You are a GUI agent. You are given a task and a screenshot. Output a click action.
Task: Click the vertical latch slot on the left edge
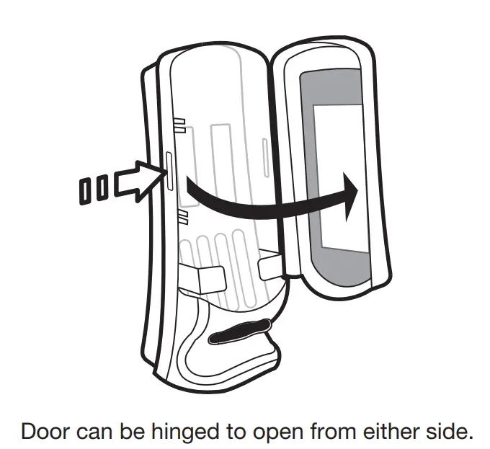169,170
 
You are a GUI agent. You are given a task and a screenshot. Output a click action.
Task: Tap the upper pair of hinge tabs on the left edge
182,125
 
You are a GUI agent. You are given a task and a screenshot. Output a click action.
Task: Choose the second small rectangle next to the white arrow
103,189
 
